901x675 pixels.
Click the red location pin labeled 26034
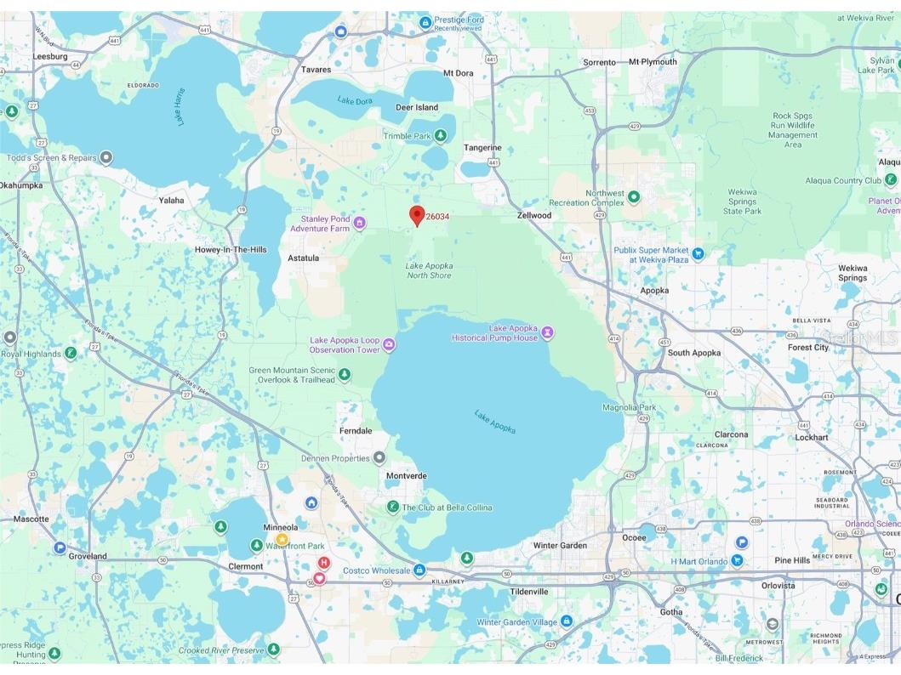[417, 214]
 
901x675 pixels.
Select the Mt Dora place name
[459, 73]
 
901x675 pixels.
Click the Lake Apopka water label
[495, 422]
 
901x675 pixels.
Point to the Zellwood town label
[534, 215]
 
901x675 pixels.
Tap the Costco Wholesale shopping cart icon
[419, 570]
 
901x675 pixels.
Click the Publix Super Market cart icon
[698, 252]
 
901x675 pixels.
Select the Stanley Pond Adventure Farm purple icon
[360, 224]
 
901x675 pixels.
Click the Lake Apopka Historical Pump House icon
[548, 331]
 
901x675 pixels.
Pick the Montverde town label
[406, 476]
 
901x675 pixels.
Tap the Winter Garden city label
[560, 546]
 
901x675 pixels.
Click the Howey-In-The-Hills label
[231, 249]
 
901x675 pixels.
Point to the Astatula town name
[303, 258]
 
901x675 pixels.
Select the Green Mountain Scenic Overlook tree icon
[344, 374]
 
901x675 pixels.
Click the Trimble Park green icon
[441, 136]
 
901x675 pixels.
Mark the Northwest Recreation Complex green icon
[634, 197]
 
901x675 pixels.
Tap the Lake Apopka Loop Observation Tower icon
[389, 344]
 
